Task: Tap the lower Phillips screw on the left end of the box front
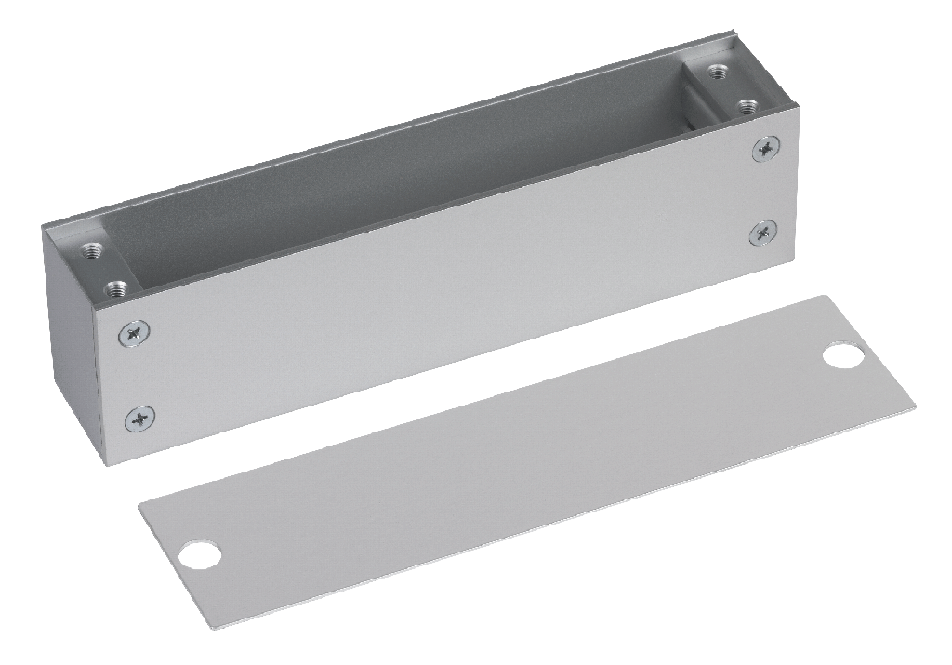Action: [139, 418]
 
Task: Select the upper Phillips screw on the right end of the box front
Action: [766, 147]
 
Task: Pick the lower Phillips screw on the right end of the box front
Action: [764, 233]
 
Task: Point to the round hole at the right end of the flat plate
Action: [843, 355]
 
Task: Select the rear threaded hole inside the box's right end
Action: [716, 71]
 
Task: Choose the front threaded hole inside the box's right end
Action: [747, 105]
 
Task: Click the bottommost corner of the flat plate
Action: [215, 630]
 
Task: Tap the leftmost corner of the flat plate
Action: [139, 507]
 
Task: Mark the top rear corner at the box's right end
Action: [734, 34]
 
